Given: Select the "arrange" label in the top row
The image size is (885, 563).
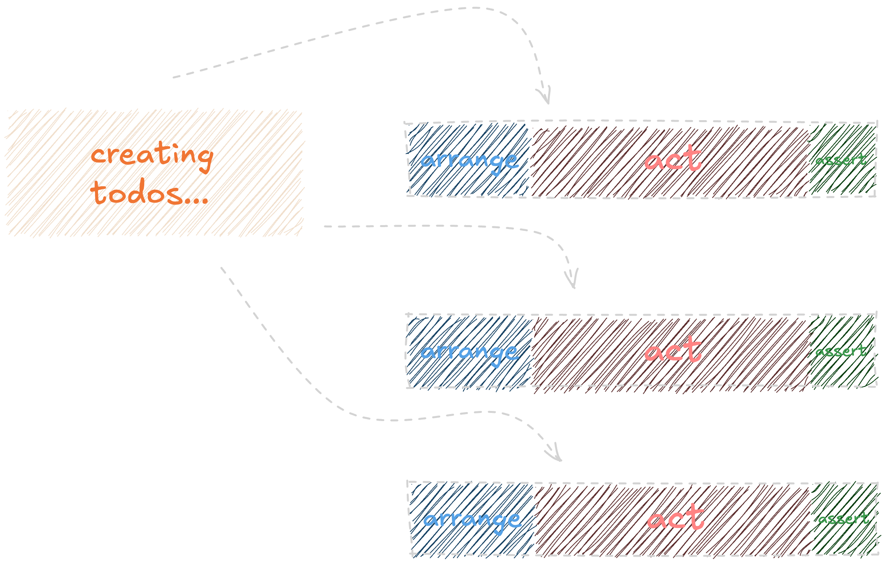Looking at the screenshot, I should [469, 161].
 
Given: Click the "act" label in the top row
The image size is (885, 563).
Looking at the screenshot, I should [673, 159].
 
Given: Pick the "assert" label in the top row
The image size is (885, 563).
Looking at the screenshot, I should [841, 160].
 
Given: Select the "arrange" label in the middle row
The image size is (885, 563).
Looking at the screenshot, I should [469, 352].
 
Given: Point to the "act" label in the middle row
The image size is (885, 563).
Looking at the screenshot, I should [673, 350].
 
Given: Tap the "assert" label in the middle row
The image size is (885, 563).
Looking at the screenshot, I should [841, 351].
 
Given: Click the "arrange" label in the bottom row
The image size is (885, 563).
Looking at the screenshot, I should [472, 520].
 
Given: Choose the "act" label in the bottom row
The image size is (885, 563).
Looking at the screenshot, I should [675, 518].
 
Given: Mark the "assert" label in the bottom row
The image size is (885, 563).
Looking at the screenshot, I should [843, 519].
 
